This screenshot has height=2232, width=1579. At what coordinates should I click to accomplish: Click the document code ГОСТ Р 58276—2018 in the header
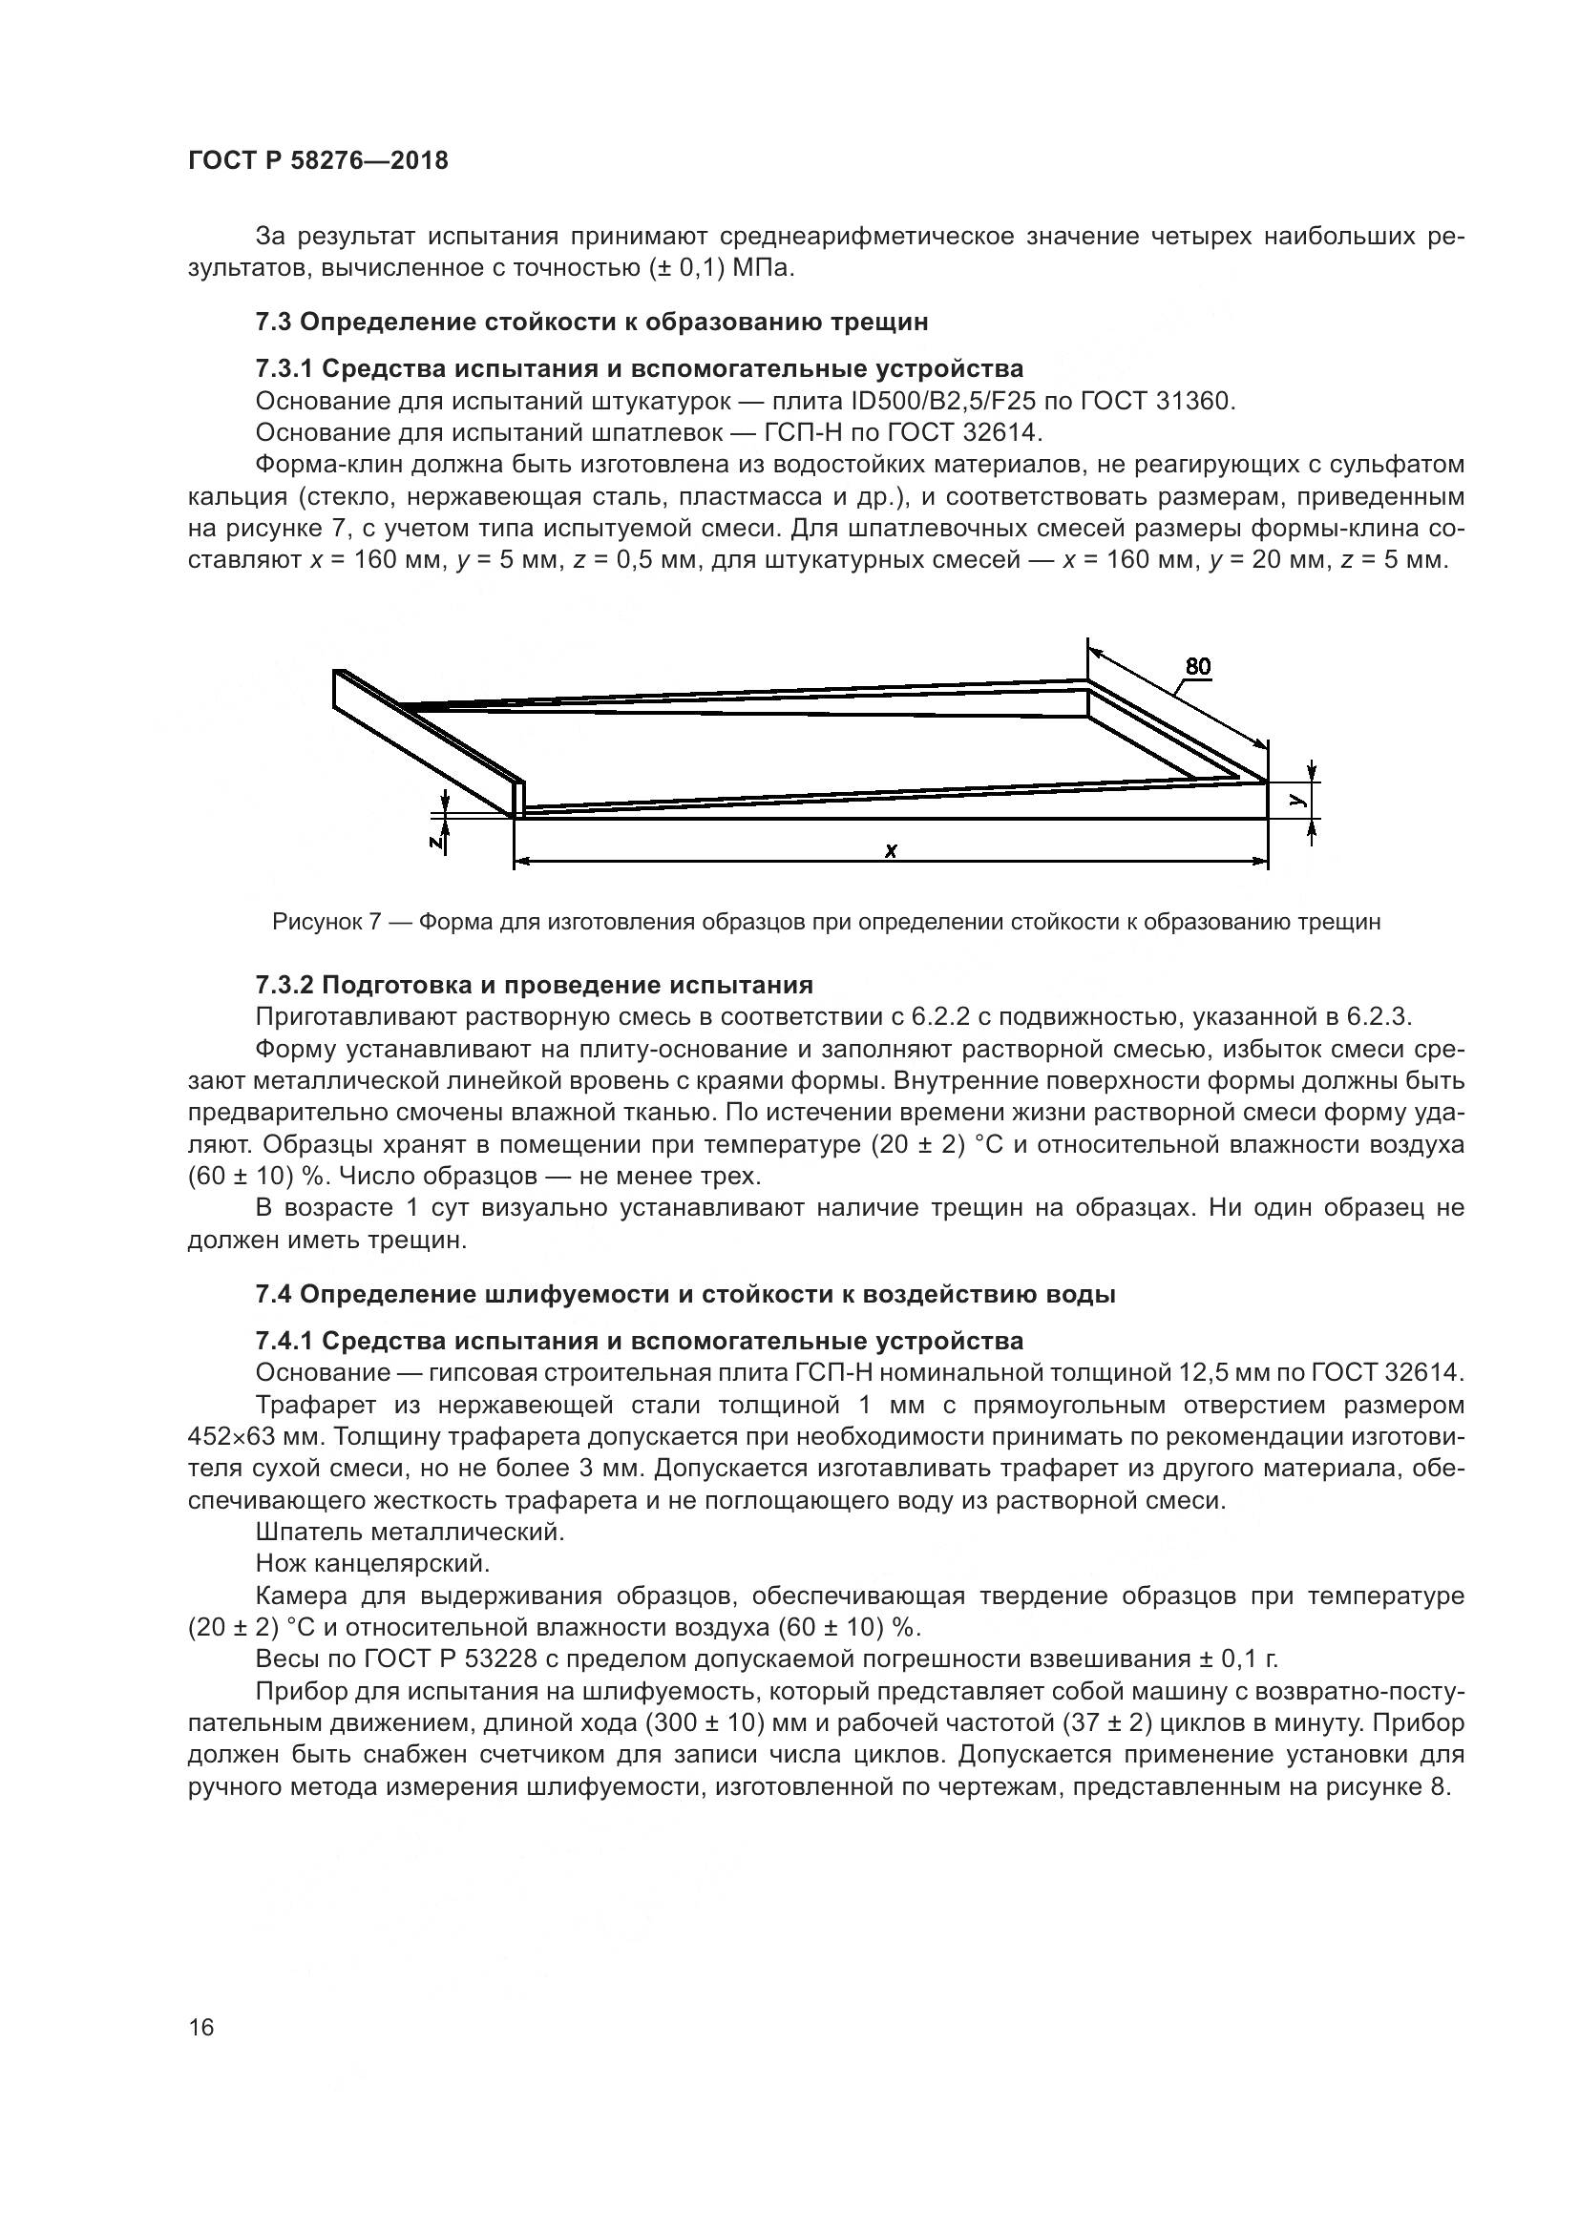tap(318, 161)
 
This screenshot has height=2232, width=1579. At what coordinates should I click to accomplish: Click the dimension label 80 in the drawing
tap(1198, 666)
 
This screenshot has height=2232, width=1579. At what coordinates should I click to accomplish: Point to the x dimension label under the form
tap(891, 850)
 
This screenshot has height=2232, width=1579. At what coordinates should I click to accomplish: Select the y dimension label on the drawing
tap(1297, 799)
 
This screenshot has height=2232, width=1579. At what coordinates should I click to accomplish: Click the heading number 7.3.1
tap(284, 369)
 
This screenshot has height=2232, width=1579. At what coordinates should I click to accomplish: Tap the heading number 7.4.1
tap(284, 1342)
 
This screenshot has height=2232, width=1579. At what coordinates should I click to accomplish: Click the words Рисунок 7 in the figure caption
tap(326, 922)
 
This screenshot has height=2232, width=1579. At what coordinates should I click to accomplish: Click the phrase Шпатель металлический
tap(410, 1533)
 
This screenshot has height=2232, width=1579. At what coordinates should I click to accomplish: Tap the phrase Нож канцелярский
tap(372, 1564)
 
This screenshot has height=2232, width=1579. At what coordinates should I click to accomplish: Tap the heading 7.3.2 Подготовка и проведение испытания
tap(534, 986)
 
